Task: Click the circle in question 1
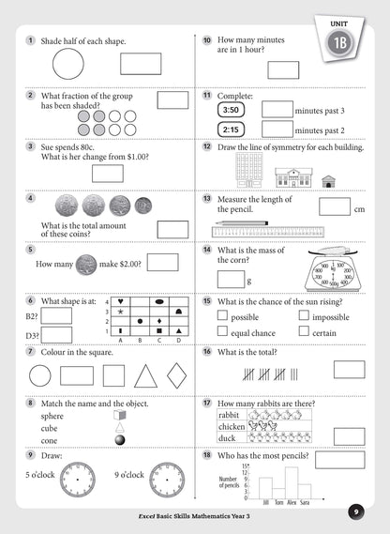[67, 65]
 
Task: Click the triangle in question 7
[146, 376]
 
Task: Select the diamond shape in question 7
[176, 375]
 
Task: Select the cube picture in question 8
[119, 415]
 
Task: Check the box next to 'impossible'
[304, 317]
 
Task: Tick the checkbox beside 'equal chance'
[223, 332]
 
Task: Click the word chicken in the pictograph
[232, 428]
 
